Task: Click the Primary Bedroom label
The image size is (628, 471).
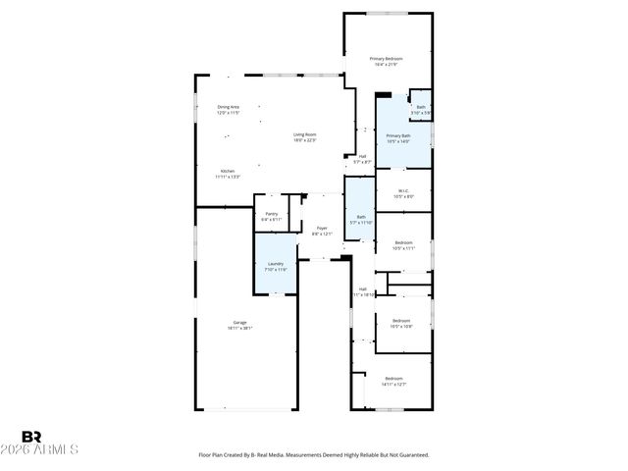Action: pyautogui.click(x=387, y=59)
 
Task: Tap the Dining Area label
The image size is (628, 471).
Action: pyautogui.click(x=229, y=107)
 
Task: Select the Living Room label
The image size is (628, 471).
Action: pyautogui.click(x=304, y=134)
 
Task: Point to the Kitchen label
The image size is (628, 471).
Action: pyautogui.click(x=228, y=171)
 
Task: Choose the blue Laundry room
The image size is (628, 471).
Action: pyautogui.click(x=276, y=263)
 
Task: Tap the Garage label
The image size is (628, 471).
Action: pyautogui.click(x=239, y=322)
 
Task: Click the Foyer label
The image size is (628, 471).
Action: pyautogui.click(x=322, y=228)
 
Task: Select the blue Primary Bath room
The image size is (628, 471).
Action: pyautogui.click(x=397, y=137)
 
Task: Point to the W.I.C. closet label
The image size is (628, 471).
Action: pyautogui.click(x=403, y=190)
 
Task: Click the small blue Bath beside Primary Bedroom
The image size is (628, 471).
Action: pyautogui.click(x=421, y=108)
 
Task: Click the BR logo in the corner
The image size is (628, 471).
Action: pyautogui.click(x=31, y=436)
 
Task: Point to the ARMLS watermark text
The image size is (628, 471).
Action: pyautogui.click(x=49, y=449)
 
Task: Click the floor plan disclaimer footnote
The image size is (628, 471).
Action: pyautogui.click(x=314, y=455)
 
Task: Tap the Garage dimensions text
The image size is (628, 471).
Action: pyautogui.click(x=239, y=328)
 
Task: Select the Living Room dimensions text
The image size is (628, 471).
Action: pyautogui.click(x=304, y=140)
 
